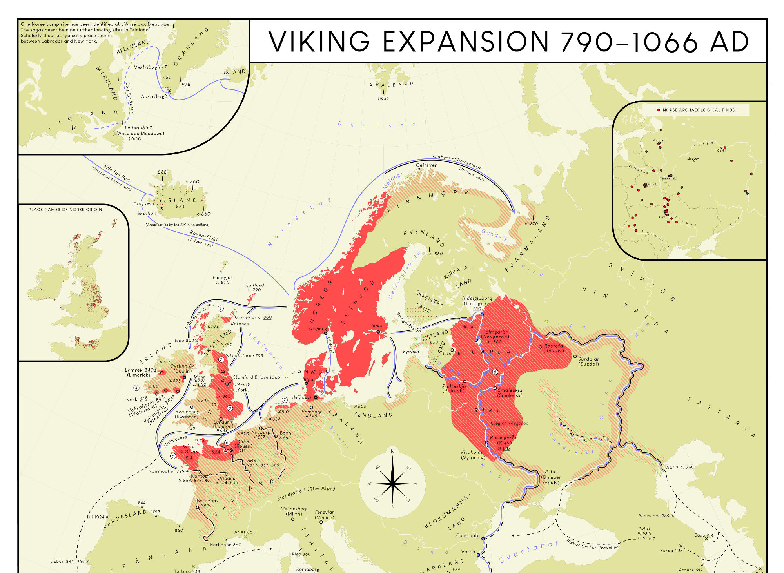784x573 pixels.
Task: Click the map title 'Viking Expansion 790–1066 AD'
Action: (508, 41)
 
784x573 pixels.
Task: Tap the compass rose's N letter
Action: (392, 451)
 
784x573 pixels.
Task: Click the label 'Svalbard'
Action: (391, 84)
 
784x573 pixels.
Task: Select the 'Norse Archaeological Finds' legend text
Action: (699, 110)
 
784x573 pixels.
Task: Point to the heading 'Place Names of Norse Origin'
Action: (65, 210)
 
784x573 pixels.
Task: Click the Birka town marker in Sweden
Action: (378, 332)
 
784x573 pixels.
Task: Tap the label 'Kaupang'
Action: (317, 329)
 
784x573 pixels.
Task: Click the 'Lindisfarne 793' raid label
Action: (246, 356)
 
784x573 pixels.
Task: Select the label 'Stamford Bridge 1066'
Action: (256, 377)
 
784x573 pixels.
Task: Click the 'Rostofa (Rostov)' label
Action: (554, 348)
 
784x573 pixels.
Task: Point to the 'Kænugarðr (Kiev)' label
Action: (503, 440)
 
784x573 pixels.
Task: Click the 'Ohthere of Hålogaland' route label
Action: (456, 161)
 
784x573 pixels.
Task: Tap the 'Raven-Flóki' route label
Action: (203, 236)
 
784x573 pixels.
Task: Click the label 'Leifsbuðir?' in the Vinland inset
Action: (138, 128)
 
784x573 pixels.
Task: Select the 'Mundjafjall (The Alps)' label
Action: (306, 493)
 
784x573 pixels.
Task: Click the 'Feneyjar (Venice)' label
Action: (325, 515)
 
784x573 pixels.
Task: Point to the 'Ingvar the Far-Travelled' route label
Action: (592, 544)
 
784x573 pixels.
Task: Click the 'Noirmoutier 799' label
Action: (166, 471)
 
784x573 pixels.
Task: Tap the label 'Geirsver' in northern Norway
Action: (426, 165)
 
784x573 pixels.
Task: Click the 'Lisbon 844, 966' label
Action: (67, 562)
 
